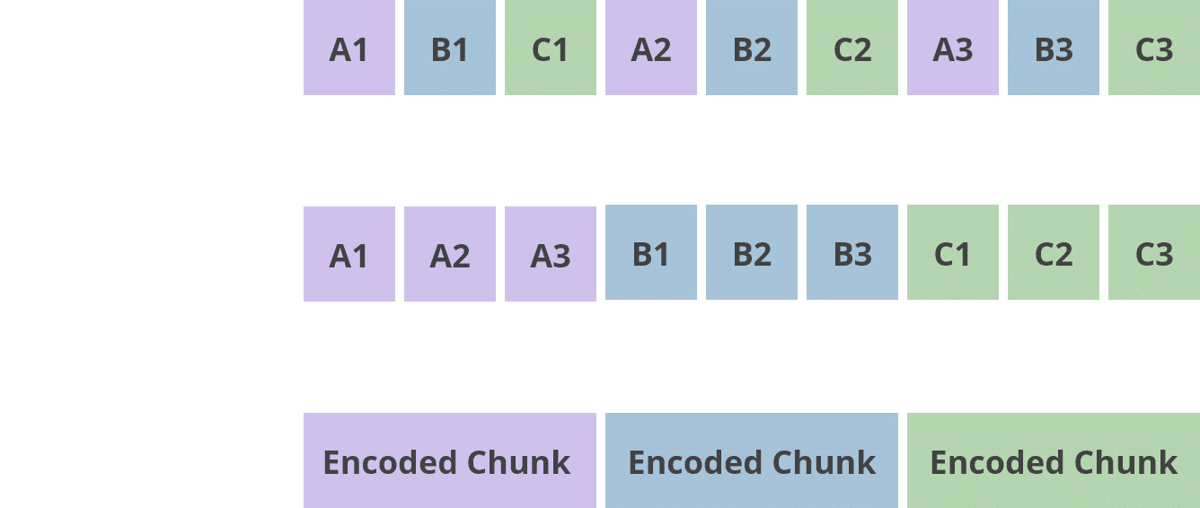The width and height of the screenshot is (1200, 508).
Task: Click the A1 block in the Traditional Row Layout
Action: click(x=349, y=49)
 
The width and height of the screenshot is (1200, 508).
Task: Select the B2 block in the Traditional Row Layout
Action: click(x=751, y=49)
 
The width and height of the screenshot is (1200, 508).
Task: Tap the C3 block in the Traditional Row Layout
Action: click(x=1154, y=49)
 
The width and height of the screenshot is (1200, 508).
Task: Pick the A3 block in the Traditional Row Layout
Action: click(x=953, y=49)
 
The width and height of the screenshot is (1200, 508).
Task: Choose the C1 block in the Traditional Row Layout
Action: click(x=550, y=49)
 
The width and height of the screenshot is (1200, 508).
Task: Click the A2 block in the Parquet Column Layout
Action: click(x=449, y=255)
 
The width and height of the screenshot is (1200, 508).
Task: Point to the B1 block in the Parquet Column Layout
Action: click(x=650, y=255)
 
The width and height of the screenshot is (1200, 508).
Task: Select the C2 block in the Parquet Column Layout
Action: click(x=1054, y=255)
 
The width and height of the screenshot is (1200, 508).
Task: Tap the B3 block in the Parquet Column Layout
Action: click(x=851, y=255)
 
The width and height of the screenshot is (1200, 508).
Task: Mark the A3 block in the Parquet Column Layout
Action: click(x=550, y=255)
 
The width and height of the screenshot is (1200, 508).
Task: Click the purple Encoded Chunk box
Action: click(x=449, y=461)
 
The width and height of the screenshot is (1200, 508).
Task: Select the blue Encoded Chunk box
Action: click(x=752, y=461)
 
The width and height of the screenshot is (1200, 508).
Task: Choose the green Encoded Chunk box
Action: click(x=1054, y=461)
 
